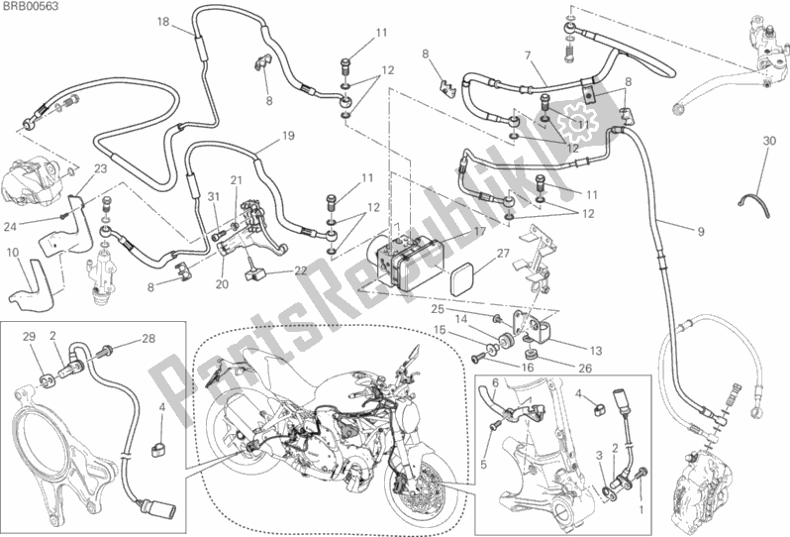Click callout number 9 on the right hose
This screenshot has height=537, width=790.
(x=700, y=231)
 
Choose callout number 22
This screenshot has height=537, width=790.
(x=298, y=270)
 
